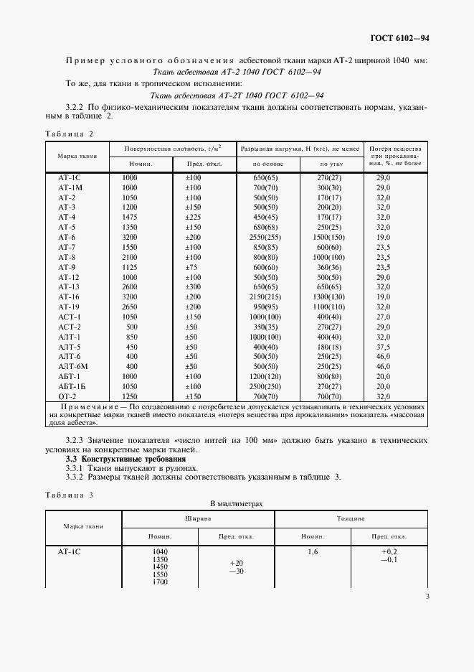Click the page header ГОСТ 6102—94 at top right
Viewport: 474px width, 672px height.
coord(399,37)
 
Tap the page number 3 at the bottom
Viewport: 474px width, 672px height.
coord(427,595)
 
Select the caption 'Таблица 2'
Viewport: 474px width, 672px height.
coord(69,134)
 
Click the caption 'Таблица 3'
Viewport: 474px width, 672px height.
coord(69,495)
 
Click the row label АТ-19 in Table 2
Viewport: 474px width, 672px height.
coord(69,306)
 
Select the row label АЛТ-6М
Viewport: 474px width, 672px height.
coord(72,365)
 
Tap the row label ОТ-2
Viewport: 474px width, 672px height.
coord(67,396)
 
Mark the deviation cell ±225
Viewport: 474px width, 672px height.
coord(194,216)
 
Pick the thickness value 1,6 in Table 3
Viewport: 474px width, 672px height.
coord(312,551)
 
